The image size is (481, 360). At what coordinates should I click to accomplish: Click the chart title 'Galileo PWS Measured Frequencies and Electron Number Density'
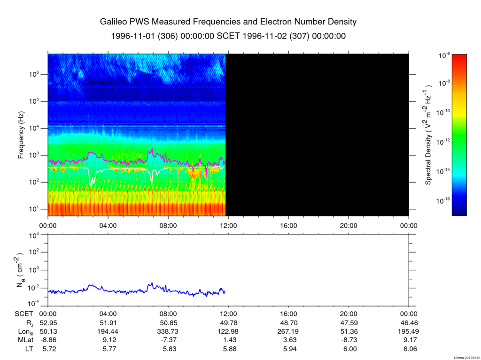tap(228, 22)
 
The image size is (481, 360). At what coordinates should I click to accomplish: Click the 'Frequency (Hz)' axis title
tap(21, 135)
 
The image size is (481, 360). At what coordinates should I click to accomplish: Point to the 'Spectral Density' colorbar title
tap(428, 135)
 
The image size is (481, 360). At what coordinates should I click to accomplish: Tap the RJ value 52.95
tap(48, 323)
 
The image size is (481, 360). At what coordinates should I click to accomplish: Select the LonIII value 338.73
tap(168, 331)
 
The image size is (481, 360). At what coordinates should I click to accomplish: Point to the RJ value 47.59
tap(349, 323)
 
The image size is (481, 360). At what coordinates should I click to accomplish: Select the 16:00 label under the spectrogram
tap(288, 226)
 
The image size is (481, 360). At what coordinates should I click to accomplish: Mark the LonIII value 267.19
tap(288, 331)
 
